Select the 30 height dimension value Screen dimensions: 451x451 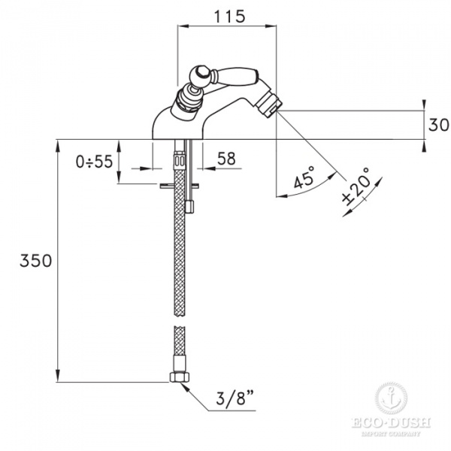point(438,125)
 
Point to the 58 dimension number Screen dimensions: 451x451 point(225,159)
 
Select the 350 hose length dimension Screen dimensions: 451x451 point(35,261)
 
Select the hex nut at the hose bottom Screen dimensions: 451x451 point(180,377)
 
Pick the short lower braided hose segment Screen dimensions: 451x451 point(179,349)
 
